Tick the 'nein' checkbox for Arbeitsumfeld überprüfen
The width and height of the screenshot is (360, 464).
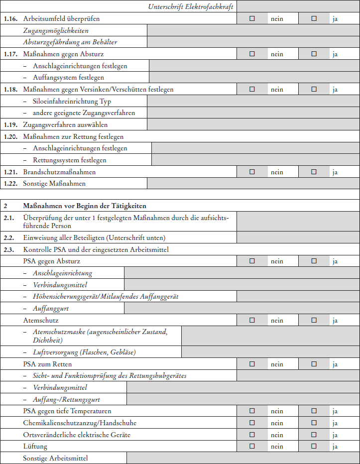click(x=252, y=19)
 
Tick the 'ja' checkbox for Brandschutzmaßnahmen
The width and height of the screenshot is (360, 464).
click(x=314, y=172)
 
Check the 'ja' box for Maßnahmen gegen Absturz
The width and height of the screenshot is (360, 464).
click(x=314, y=54)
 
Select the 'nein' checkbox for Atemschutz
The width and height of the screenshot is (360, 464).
click(x=252, y=321)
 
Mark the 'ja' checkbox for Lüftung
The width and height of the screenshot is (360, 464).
click(x=314, y=447)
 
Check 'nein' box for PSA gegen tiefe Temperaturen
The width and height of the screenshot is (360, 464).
click(x=252, y=411)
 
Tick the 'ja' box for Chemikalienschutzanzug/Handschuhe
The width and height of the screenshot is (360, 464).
click(x=314, y=423)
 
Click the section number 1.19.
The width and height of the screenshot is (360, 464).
click(x=10, y=124)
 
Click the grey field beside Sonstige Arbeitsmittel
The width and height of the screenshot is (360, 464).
click(x=243, y=458)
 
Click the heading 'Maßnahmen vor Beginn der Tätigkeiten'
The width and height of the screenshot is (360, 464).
click(x=85, y=206)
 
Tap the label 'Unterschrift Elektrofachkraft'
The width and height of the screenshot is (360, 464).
click(x=191, y=7)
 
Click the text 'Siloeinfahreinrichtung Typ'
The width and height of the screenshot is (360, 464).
click(x=72, y=102)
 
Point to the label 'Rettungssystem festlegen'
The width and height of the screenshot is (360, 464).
click(x=69, y=160)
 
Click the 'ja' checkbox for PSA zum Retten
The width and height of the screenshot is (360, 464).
click(x=314, y=364)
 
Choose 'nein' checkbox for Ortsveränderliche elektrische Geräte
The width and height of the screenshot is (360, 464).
click(x=252, y=435)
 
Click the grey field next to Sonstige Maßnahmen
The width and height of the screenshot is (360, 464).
click(x=253, y=184)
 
